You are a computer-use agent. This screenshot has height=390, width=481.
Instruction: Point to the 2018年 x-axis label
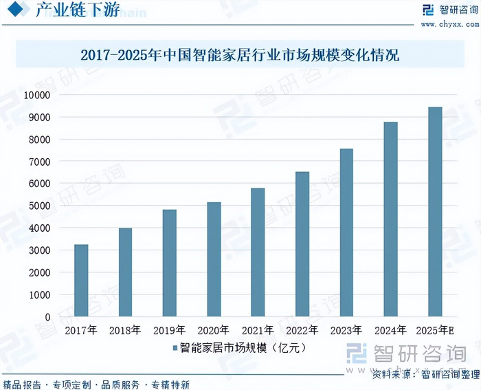coord(125,331)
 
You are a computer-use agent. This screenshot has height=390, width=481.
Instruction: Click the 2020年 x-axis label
coord(214,331)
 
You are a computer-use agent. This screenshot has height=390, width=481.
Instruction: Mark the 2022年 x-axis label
coord(302,331)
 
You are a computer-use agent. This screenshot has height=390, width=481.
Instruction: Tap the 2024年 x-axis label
coord(390,331)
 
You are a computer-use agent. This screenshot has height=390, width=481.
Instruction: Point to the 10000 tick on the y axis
coord(37,95)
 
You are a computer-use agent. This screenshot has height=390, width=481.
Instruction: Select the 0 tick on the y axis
coord(47,317)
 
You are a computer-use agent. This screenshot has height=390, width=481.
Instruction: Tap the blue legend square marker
coord(175,349)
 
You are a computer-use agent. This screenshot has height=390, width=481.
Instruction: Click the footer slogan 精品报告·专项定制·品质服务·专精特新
coord(96,384)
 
